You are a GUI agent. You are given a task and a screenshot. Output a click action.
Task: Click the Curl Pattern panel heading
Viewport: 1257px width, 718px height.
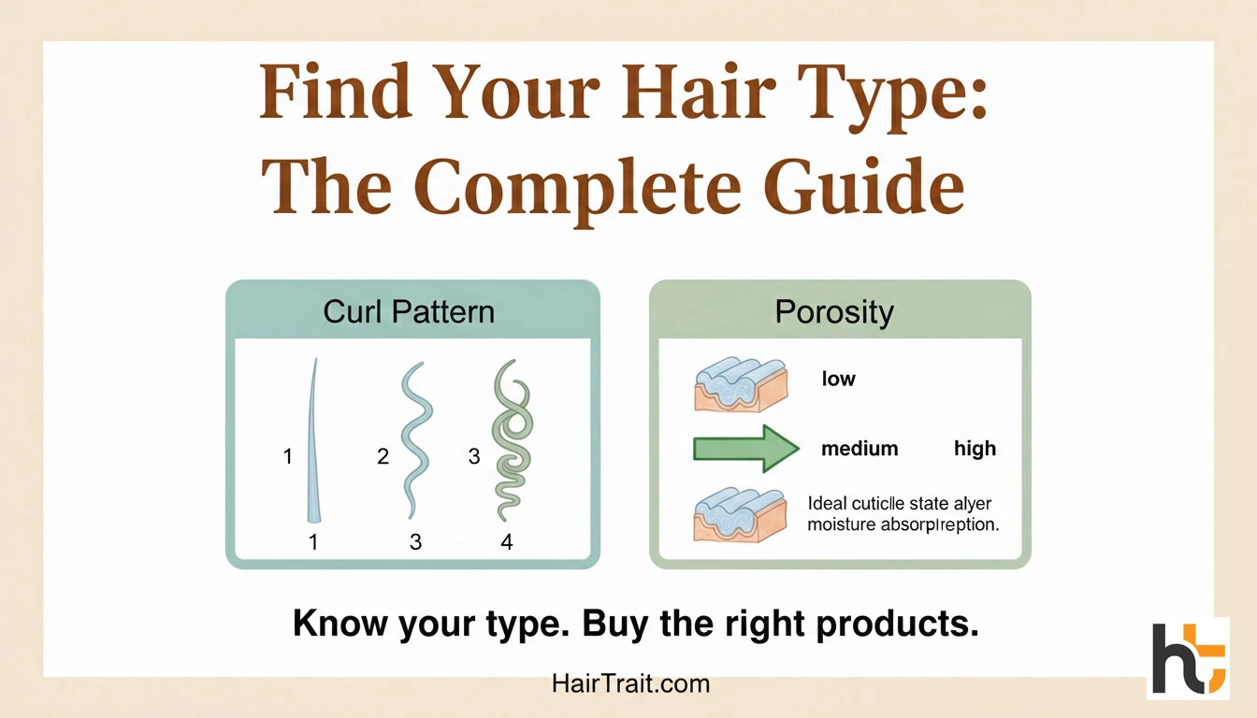(x=409, y=311)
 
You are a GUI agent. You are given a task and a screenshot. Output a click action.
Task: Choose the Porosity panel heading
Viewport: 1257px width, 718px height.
(x=834, y=311)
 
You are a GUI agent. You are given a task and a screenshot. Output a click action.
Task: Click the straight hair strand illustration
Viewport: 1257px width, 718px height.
(x=313, y=439)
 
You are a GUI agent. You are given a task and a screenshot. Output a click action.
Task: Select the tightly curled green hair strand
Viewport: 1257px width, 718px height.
(x=510, y=439)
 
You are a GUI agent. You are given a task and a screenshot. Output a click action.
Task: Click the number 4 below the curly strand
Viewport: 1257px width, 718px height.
(x=507, y=541)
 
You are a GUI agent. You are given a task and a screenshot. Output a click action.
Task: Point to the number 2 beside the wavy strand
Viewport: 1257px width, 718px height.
(x=383, y=457)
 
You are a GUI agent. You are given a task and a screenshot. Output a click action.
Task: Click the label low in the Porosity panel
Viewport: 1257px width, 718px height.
(x=838, y=379)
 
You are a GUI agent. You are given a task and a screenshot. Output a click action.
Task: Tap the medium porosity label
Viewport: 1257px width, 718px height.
(x=859, y=449)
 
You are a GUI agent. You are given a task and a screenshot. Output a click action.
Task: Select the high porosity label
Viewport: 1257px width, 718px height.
(x=975, y=449)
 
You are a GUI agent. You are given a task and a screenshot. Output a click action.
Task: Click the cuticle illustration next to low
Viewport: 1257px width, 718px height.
(x=739, y=382)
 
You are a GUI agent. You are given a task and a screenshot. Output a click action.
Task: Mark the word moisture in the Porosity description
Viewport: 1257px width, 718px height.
(x=840, y=524)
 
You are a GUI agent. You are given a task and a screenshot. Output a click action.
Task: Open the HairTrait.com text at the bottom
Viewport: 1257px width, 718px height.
(x=630, y=683)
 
